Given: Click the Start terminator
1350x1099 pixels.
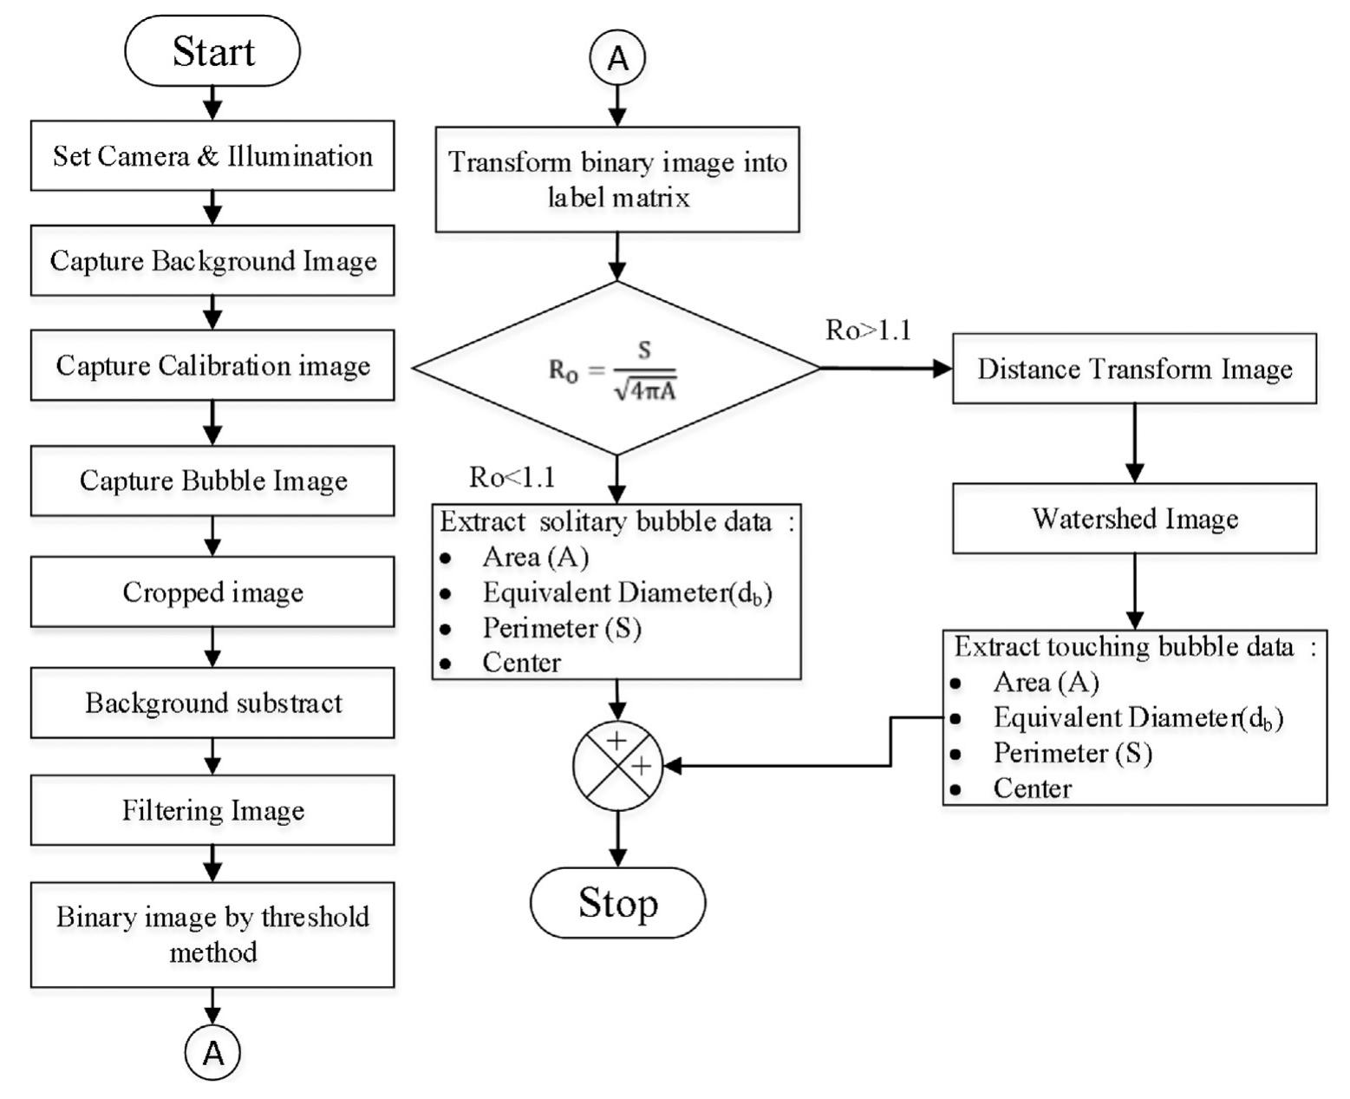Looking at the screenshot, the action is pyautogui.click(x=212, y=50).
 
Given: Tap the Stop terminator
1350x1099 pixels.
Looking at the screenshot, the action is pyautogui.click(x=617, y=902).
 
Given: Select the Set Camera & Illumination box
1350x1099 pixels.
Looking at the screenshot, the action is pyautogui.click(x=212, y=155).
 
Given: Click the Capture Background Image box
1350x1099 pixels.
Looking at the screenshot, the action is pyautogui.click(x=212, y=260).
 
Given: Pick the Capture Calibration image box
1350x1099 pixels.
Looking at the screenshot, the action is pyautogui.click(x=212, y=364).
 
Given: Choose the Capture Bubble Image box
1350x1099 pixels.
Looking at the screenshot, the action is pyautogui.click(x=212, y=480).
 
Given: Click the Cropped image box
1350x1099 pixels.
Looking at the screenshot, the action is pyautogui.click(x=212, y=592).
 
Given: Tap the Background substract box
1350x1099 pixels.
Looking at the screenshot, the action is pyautogui.click(x=212, y=702).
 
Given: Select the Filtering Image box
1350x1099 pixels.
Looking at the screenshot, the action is pyautogui.click(x=212, y=810).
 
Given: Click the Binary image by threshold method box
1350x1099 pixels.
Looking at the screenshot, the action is pyautogui.click(x=212, y=934).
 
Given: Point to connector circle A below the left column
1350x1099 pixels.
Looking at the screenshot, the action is pyautogui.click(x=212, y=1052).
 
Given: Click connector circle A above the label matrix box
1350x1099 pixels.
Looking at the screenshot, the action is pyautogui.click(x=617, y=58).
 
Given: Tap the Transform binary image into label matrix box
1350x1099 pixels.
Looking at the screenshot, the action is pyautogui.click(x=617, y=180).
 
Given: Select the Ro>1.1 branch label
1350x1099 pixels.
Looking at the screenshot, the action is pyautogui.click(x=868, y=330).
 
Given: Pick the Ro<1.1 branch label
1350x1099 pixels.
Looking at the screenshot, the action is pyautogui.click(x=512, y=477).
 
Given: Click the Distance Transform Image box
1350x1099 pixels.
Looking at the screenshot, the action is pyautogui.click(x=1134, y=369).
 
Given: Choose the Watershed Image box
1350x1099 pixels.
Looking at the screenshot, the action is pyautogui.click(x=1134, y=518).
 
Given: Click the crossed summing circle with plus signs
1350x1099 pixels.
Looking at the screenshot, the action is pyautogui.click(x=617, y=765).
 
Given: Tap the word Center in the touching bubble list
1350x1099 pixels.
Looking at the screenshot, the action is pyautogui.click(x=1033, y=788).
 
